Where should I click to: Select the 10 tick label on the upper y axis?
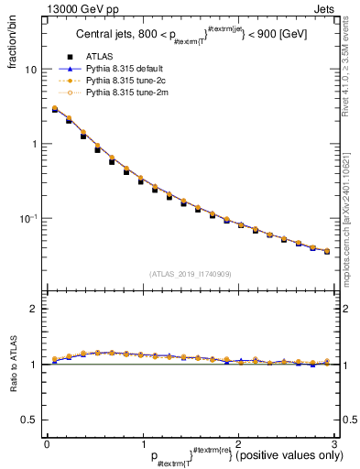point(30,71)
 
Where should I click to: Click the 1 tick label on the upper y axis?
point(33,145)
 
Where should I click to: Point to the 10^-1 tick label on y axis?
point(28,219)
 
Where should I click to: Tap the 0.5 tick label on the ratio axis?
point(28,420)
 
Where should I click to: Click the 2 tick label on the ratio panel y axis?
point(33,310)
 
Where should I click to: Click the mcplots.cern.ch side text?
point(350,211)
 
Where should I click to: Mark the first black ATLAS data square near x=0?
point(55,111)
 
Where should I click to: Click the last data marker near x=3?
point(327,251)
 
